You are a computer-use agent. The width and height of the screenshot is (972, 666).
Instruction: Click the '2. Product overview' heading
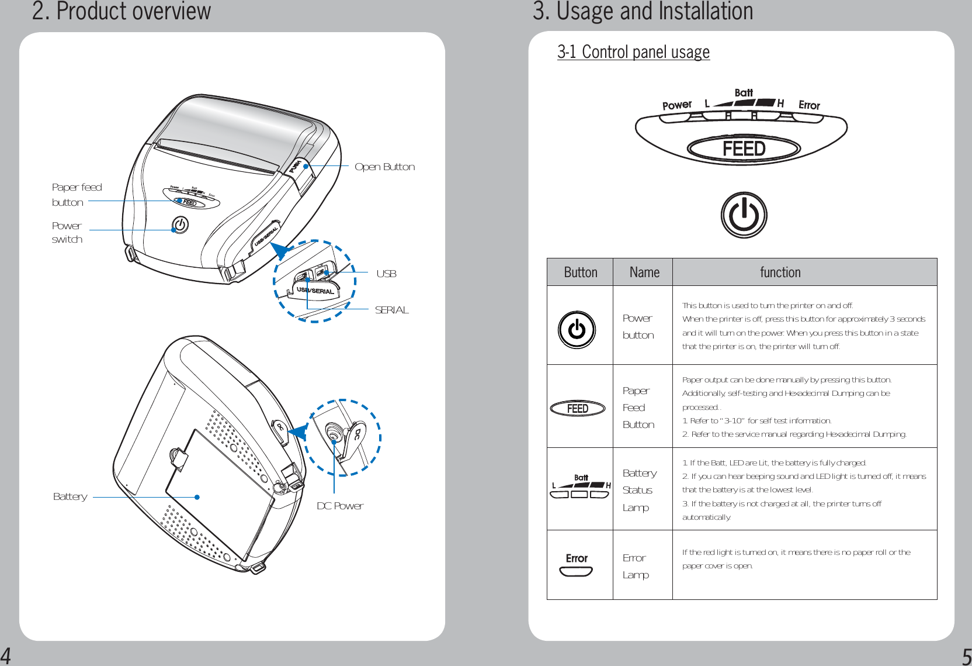[121, 11]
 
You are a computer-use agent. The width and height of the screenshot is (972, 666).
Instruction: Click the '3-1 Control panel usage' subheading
[633, 52]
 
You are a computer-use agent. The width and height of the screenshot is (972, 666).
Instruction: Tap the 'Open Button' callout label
[384, 167]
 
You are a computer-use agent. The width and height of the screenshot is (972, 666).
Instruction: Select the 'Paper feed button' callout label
[77, 195]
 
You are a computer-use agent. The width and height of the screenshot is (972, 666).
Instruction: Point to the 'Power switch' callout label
[67, 232]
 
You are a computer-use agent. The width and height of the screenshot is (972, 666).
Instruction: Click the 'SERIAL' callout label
[391, 310]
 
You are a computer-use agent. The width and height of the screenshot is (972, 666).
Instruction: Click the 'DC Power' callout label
[340, 506]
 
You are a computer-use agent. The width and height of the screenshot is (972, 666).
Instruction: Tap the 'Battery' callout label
[70, 496]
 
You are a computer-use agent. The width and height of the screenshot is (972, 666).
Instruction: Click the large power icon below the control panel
[744, 215]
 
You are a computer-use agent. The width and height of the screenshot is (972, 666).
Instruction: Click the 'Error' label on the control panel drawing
[809, 105]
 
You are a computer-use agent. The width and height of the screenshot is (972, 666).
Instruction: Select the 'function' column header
[780, 272]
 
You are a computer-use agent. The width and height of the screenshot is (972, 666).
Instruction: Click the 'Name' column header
[644, 272]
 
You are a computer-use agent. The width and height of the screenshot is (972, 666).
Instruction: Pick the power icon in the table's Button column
[577, 330]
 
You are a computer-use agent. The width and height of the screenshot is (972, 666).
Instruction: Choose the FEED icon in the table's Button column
[578, 409]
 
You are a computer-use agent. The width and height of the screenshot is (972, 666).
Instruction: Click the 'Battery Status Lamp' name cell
[639, 490]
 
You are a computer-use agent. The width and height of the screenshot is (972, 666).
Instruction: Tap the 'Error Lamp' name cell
[636, 566]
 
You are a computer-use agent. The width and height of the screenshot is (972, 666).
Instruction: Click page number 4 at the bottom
[6, 655]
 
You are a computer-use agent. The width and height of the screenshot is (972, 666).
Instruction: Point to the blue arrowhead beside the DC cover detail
[298, 432]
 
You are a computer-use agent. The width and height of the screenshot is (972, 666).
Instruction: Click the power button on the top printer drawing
[180, 225]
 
